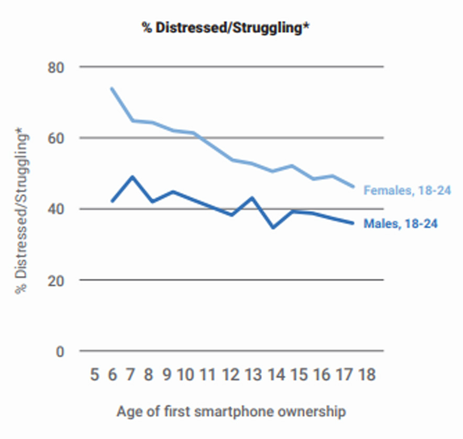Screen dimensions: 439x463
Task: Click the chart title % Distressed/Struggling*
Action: (x=226, y=27)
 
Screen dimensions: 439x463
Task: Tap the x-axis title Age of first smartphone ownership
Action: (x=231, y=411)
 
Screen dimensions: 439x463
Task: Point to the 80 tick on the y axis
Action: (x=57, y=68)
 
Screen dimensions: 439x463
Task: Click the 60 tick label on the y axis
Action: (x=57, y=138)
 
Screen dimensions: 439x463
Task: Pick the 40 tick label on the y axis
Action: (x=57, y=210)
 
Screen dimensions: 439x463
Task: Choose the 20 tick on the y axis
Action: (x=57, y=280)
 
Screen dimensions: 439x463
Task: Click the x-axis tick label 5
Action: (x=94, y=375)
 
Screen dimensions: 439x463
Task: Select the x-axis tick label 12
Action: (x=231, y=375)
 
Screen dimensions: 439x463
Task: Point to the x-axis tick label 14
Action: (x=277, y=375)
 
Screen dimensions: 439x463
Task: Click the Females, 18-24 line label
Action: (x=407, y=190)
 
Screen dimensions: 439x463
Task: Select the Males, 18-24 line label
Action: (x=401, y=224)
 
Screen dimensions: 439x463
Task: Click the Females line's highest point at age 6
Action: (x=112, y=89)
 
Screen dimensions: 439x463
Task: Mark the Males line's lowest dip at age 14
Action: (x=273, y=227)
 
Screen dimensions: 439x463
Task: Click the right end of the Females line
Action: (x=354, y=186)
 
